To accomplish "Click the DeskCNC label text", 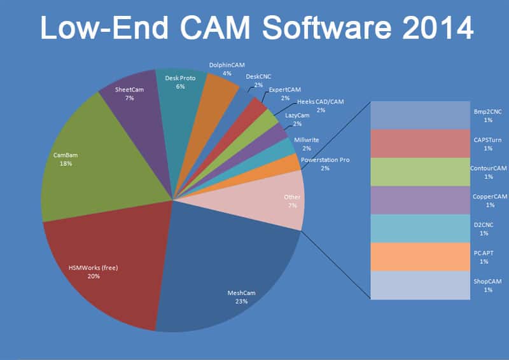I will pyautogui.click(x=259, y=76).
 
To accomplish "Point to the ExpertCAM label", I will pyautogui.click(x=284, y=90).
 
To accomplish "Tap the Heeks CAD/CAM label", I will pyautogui.click(x=321, y=102).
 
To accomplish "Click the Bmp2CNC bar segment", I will pyautogui.click(x=421, y=115).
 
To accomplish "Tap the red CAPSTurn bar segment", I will pyautogui.click(x=421, y=143).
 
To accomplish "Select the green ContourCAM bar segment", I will pyautogui.click(x=421, y=172).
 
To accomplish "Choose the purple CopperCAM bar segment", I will pyautogui.click(x=421, y=200).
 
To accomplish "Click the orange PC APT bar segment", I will pyautogui.click(x=421, y=256).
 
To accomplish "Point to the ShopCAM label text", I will pyautogui.click(x=487, y=281).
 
